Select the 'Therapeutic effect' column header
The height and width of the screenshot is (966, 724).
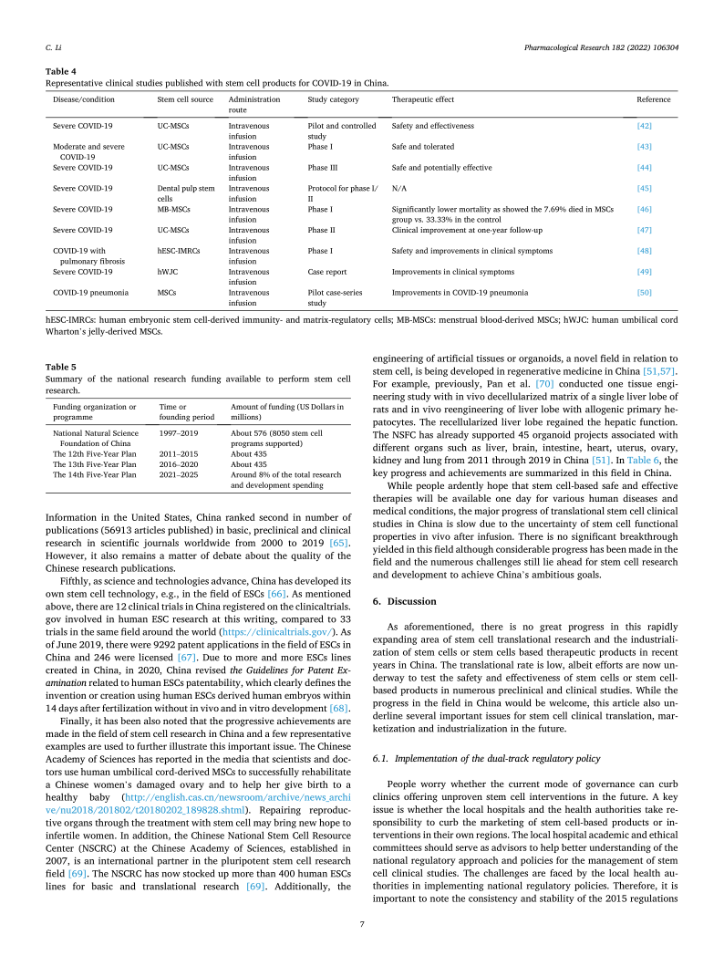pyautogui.click(x=422, y=99)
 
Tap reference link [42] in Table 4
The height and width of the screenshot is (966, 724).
pyautogui.click(x=644, y=125)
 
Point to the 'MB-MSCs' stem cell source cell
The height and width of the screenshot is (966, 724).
pyautogui.click(x=172, y=210)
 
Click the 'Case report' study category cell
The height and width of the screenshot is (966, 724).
pyautogui.click(x=327, y=270)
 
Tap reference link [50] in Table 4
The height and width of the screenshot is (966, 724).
pyautogui.click(x=644, y=292)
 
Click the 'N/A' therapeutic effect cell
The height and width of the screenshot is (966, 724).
pyautogui.click(x=399, y=189)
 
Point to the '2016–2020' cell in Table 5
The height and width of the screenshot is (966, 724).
pyautogui.click(x=180, y=463)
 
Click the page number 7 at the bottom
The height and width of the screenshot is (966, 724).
pyautogui.click(x=362, y=923)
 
